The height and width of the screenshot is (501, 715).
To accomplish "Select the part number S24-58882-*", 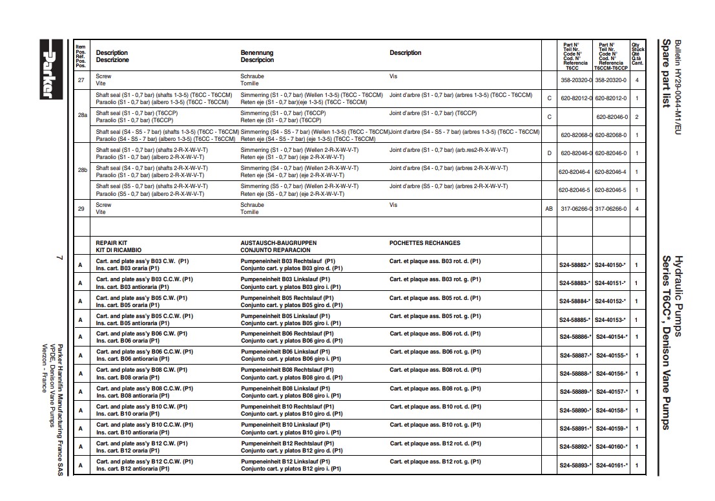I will (x=575, y=265).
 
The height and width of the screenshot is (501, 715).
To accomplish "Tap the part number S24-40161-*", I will (x=610, y=465).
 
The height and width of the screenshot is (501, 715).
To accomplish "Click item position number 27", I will (x=81, y=80).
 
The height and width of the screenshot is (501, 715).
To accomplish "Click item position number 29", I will (x=81, y=208).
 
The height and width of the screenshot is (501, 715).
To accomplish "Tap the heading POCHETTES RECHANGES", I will (x=425, y=243).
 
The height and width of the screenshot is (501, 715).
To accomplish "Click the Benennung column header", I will (x=257, y=53).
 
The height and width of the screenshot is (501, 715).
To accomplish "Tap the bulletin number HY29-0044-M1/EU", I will (x=678, y=83).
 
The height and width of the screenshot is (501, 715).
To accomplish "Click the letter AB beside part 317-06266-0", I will (x=549, y=209).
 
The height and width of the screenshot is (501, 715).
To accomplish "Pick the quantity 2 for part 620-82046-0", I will (x=636, y=117).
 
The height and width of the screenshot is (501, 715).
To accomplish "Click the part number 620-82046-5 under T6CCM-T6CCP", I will (x=610, y=190).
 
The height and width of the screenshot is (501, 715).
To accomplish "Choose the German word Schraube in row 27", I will (x=252, y=76).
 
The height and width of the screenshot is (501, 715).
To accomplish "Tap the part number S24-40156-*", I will (x=610, y=374).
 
